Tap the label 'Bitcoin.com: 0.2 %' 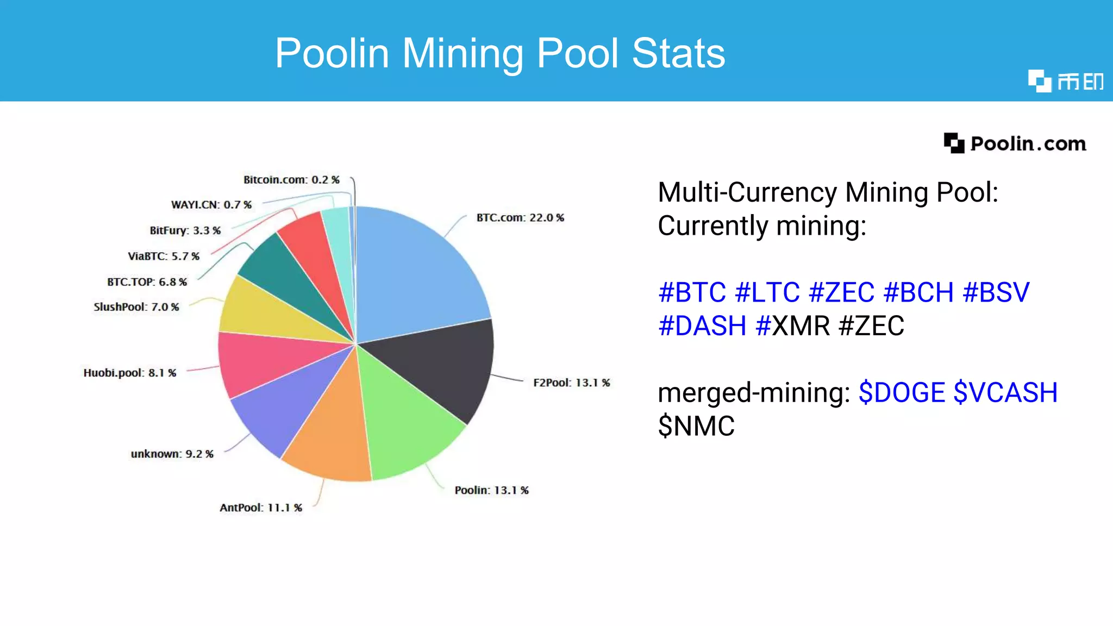[x=291, y=180]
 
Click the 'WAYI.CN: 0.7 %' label [x=211, y=205]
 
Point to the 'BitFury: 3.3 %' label [x=185, y=230]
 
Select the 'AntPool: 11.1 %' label [x=261, y=508]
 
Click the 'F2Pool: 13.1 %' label [x=572, y=383]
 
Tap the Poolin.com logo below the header [x=1015, y=143]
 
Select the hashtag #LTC [x=767, y=292]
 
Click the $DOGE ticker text [x=902, y=392]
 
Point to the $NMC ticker [x=696, y=426]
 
